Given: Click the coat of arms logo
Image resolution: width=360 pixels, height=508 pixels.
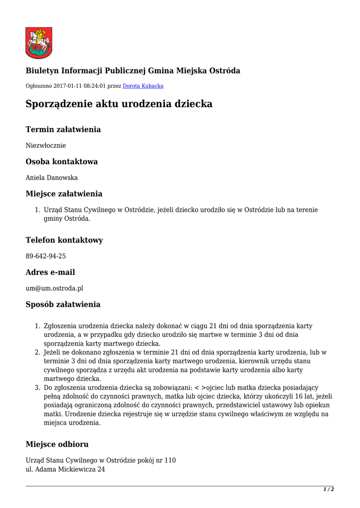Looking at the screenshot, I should tap(39, 43).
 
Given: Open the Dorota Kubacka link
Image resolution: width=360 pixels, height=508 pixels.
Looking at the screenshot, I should tap(143, 86).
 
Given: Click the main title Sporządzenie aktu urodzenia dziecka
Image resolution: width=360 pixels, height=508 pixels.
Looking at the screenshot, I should tap(119, 104).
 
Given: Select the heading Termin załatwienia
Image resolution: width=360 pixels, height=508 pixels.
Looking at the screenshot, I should tap(63, 129).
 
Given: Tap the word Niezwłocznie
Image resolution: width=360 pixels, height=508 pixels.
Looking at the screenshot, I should tap(46, 146).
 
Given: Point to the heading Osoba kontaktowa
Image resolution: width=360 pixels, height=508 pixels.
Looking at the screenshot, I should tap(62, 162).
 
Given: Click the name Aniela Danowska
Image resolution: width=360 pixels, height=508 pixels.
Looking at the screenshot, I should tap(52, 178).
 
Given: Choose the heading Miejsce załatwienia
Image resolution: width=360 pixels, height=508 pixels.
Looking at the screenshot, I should tap(64, 193).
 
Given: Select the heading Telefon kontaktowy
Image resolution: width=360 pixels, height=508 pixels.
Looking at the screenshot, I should tap(65, 240).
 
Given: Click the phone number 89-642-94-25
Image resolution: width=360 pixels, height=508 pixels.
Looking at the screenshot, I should tap(46, 256).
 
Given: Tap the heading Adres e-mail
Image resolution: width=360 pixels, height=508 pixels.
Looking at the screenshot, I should tap(50, 272).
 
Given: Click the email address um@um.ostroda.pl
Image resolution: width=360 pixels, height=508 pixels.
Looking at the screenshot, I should tap(55, 288).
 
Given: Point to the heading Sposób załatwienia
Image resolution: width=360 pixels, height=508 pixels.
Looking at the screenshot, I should tap(63, 305).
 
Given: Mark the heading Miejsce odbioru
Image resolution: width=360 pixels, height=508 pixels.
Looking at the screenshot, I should tap(57, 444).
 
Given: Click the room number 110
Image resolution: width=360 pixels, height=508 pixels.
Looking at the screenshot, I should tap(170, 460).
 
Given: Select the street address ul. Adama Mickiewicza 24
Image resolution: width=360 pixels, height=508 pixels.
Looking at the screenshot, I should tap(65, 469).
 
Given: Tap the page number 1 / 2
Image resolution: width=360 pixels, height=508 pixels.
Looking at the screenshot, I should tap(329, 490).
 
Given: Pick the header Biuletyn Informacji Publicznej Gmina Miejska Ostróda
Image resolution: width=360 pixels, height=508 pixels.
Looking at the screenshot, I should tap(133, 71).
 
